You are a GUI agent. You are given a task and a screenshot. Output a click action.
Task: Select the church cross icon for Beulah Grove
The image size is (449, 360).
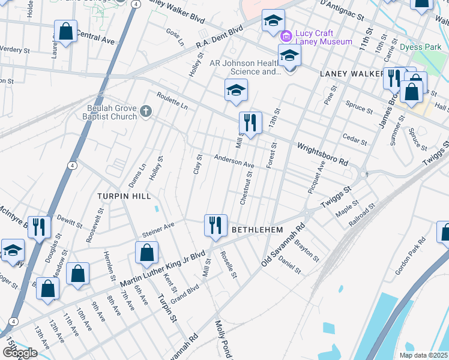(145, 110)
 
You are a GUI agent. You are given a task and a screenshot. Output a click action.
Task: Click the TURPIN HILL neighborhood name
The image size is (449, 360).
(124, 196)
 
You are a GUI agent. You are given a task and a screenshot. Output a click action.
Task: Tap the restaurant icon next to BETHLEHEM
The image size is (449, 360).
(215, 226)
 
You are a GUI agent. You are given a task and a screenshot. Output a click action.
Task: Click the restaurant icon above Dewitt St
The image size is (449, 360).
(40, 227)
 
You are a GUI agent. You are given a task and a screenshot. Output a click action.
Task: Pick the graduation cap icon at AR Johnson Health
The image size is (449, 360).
(289, 56)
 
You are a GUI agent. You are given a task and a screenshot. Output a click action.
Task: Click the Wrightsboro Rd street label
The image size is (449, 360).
(323, 154)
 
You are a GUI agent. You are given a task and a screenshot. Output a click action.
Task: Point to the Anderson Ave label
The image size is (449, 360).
(235, 162)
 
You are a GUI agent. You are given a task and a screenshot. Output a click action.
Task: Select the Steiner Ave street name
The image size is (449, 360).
(158, 230)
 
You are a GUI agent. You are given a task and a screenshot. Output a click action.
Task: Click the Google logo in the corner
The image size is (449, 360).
(20, 353)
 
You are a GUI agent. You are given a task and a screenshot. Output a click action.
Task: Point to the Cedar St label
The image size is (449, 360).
(354, 140)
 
